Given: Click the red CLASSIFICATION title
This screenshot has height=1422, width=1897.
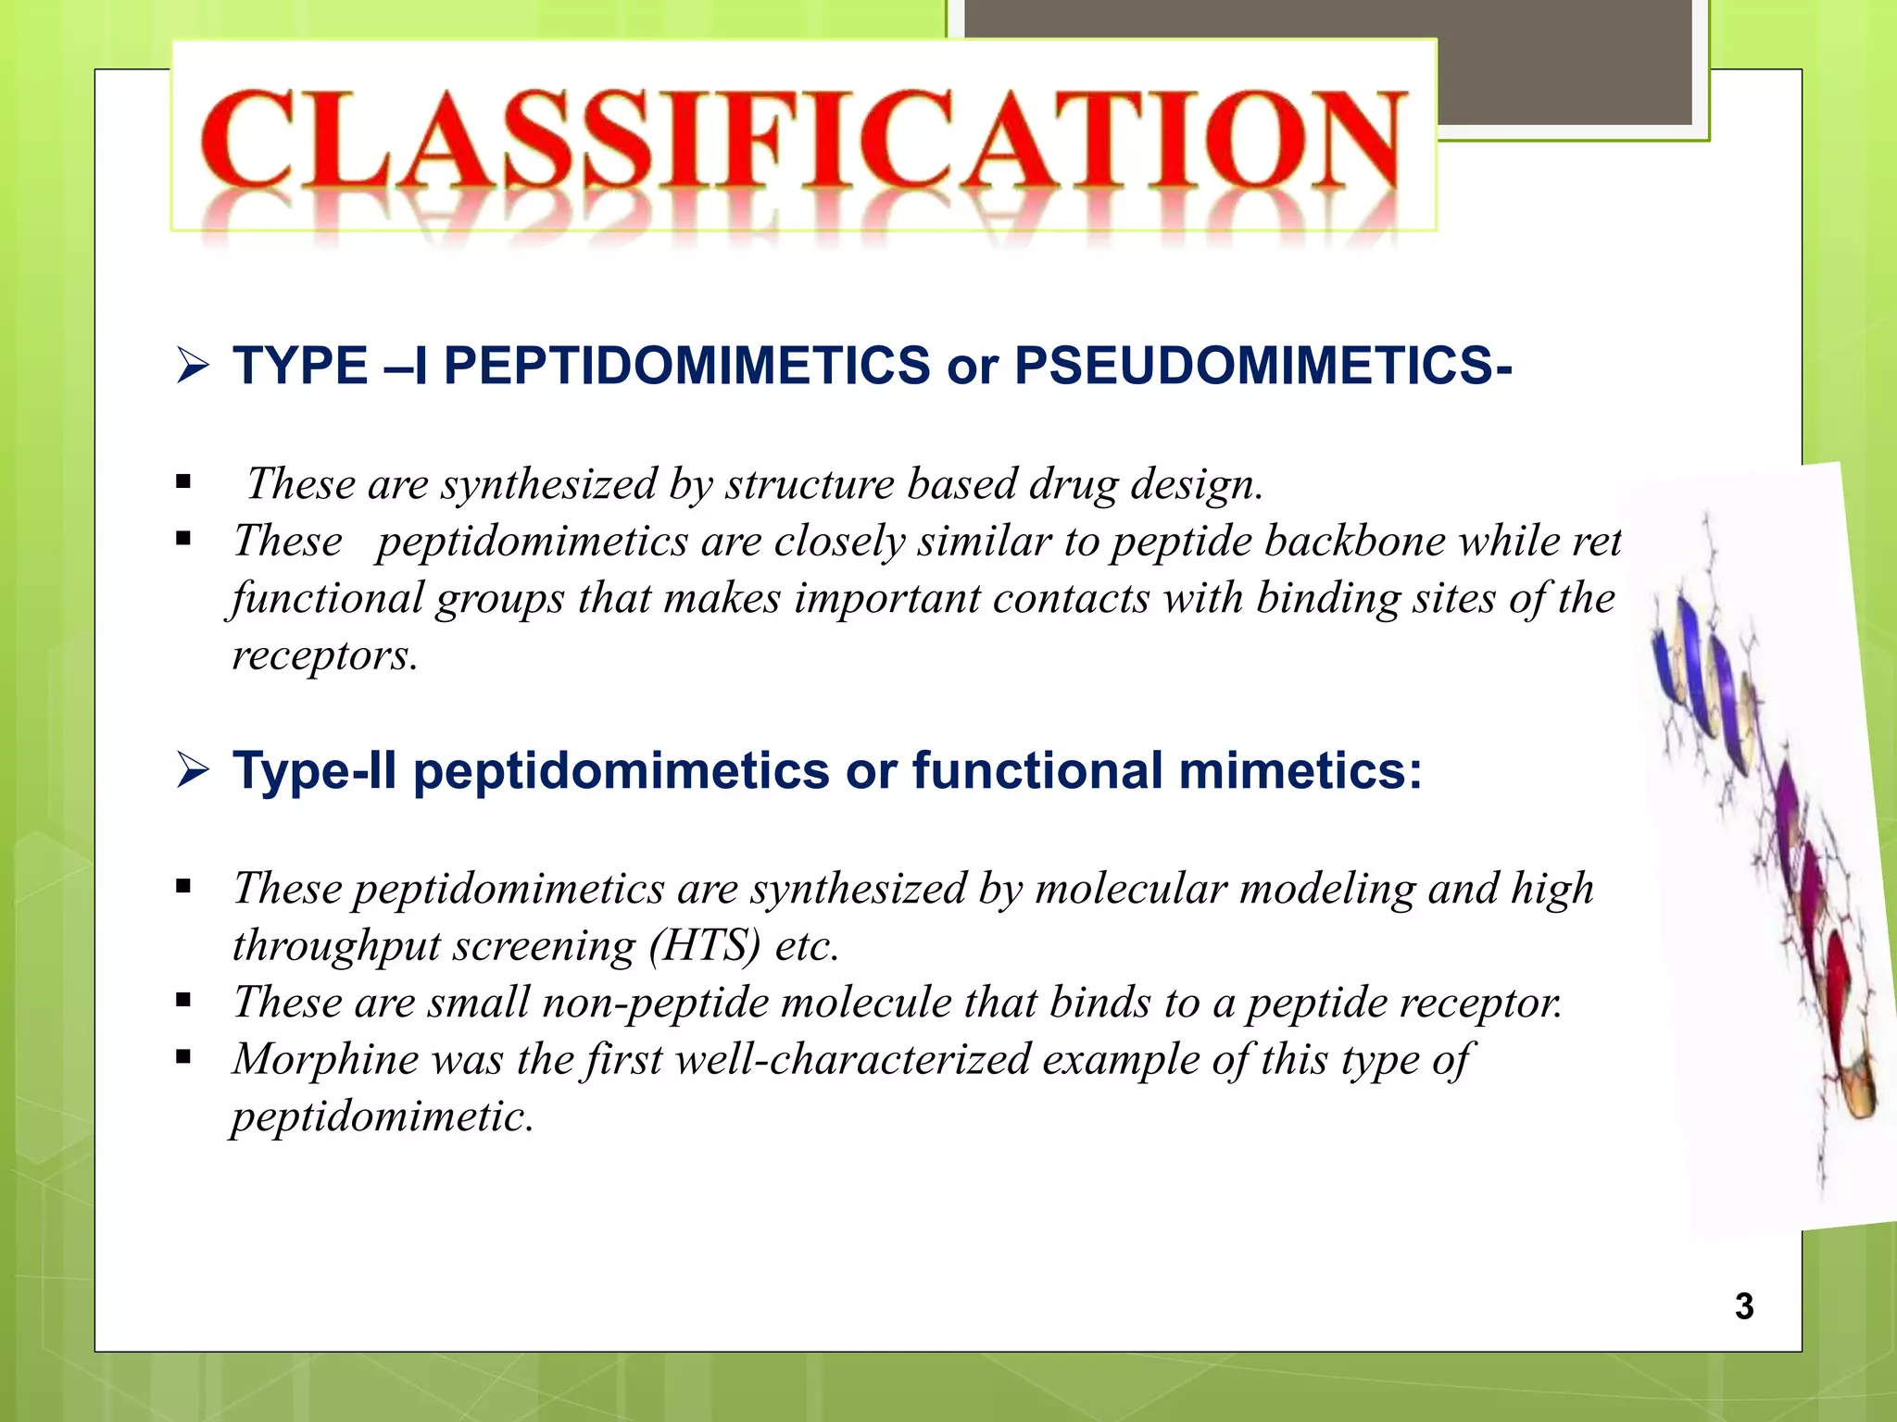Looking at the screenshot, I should [802, 139].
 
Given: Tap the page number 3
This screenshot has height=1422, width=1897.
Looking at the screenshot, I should [1744, 1306].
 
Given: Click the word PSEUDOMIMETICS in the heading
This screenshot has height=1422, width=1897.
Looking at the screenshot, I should [1263, 366].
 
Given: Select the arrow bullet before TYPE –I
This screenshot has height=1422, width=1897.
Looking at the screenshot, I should [193, 366].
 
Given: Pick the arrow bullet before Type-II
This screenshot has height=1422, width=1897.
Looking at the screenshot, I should [193, 770].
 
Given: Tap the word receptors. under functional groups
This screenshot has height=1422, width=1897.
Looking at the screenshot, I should [325, 655].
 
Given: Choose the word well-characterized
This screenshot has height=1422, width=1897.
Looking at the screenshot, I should [852, 1059].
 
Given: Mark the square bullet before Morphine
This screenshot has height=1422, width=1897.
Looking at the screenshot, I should [183, 1056].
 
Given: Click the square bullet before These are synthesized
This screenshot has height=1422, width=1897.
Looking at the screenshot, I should [183, 481].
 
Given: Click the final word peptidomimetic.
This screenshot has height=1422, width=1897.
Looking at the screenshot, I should [383, 1116].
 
